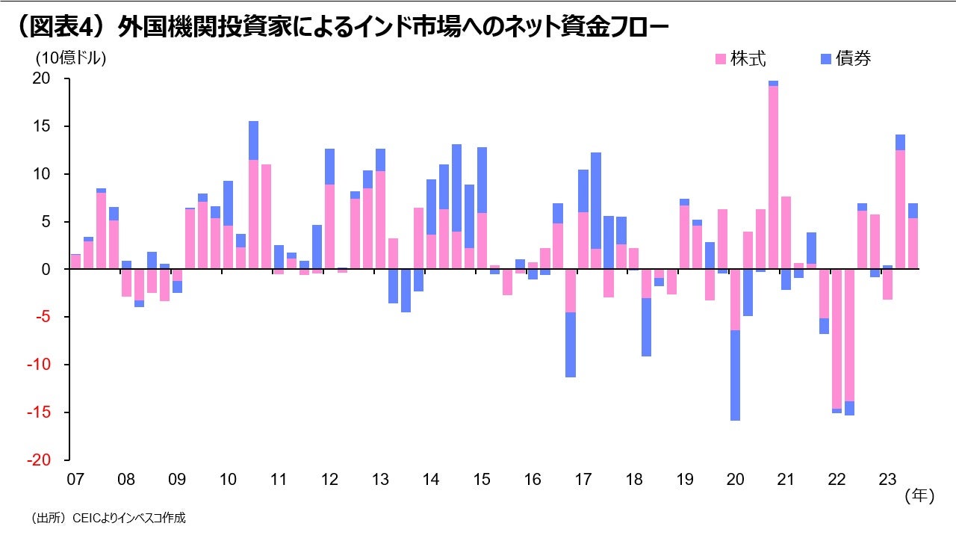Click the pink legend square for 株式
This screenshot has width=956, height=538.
[x=721, y=58]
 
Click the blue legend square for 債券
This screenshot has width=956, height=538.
[x=826, y=58]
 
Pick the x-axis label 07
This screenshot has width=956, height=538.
[x=75, y=479]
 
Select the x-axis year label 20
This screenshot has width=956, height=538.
[x=735, y=479]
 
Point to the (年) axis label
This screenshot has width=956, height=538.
[x=919, y=495]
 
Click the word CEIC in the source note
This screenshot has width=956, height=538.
[x=84, y=518]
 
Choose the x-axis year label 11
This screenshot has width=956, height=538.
[x=278, y=479]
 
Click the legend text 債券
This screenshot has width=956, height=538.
[x=854, y=58]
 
